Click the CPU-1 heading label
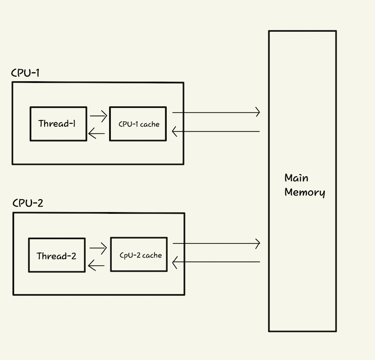tap(25, 73)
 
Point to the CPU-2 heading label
tap(28, 203)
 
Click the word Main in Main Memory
tap(296, 178)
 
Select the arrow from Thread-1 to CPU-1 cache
tap(98, 116)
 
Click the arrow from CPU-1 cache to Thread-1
tap(97, 133)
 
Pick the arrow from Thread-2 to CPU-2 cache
tap(98, 248)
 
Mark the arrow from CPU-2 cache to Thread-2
tap(96, 265)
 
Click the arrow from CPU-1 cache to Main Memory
tap(216, 112)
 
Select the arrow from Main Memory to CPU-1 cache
tap(216, 131)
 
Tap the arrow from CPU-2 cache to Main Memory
tap(216, 243)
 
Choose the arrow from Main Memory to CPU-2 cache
tap(216, 262)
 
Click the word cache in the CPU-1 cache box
tap(150, 125)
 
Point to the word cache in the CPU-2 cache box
tap(152, 255)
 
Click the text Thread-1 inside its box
tap(57, 124)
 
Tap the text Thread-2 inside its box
tap(56, 256)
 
